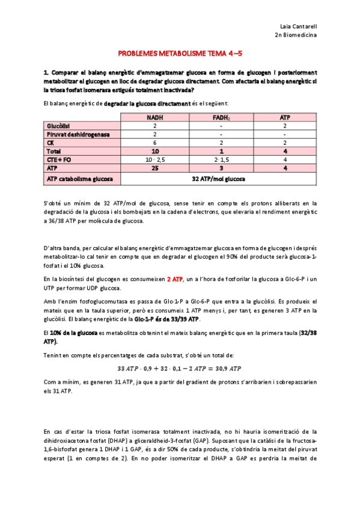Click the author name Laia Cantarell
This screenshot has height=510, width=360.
pyautogui.click(x=299, y=26)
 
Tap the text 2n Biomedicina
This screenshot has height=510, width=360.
pyautogui.click(x=296, y=35)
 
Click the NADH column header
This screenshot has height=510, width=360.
pyautogui.click(x=154, y=117)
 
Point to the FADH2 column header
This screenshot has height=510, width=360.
pyautogui.click(x=221, y=117)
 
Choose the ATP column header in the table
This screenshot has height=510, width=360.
pyautogui.click(x=284, y=117)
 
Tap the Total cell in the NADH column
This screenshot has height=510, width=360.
pyautogui.click(x=154, y=152)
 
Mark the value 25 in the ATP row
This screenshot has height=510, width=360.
pyautogui.click(x=154, y=169)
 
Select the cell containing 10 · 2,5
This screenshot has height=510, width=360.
pyautogui.click(x=154, y=160)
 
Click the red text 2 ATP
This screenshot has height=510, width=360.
pyautogui.click(x=175, y=279)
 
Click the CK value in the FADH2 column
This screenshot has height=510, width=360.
pyautogui.click(x=221, y=143)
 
